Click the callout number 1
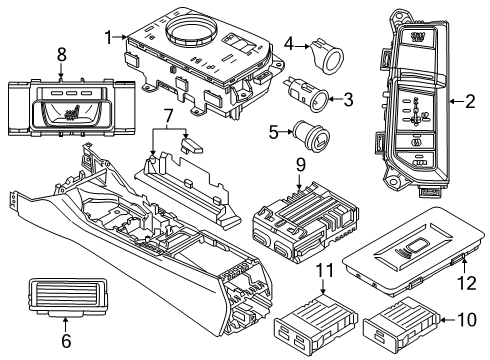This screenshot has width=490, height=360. point(108,37)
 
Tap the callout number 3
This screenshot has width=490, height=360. point(348,99)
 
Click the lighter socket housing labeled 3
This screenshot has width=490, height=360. point(305,97)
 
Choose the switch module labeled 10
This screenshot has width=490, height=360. point(392,324)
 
